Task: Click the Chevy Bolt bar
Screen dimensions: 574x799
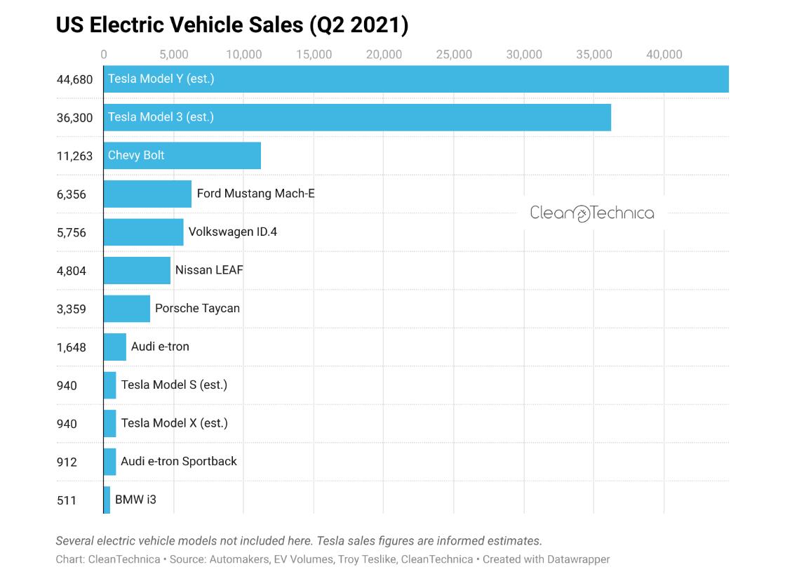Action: [x=182, y=155]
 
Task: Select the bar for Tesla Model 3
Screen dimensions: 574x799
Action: [x=357, y=117]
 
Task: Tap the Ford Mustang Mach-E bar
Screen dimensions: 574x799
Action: [x=147, y=194]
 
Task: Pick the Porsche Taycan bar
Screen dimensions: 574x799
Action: [x=127, y=308]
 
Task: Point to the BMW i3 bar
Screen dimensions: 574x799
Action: [x=107, y=500]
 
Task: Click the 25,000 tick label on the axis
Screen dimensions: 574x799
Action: [x=454, y=55]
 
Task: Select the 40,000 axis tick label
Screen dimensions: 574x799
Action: [x=664, y=55]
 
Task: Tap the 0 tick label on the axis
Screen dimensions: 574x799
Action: [x=104, y=55]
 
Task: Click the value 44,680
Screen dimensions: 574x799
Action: [x=74, y=79]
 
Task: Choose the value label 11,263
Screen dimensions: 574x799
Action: [x=74, y=156]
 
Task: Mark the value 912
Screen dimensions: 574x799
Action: [x=67, y=462]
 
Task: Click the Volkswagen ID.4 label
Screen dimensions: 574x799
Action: [x=232, y=232]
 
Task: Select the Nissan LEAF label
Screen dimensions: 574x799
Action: [x=209, y=270]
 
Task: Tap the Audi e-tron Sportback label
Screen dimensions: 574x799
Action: [x=179, y=461]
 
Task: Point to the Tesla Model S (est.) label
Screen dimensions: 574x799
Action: [x=174, y=385]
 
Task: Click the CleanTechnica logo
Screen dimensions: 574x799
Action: [x=591, y=213]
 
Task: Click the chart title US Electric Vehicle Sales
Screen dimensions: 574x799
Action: [x=231, y=25]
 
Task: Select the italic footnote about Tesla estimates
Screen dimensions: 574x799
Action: [x=299, y=541]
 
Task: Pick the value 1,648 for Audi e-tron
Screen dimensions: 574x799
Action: [x=71, y=347]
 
